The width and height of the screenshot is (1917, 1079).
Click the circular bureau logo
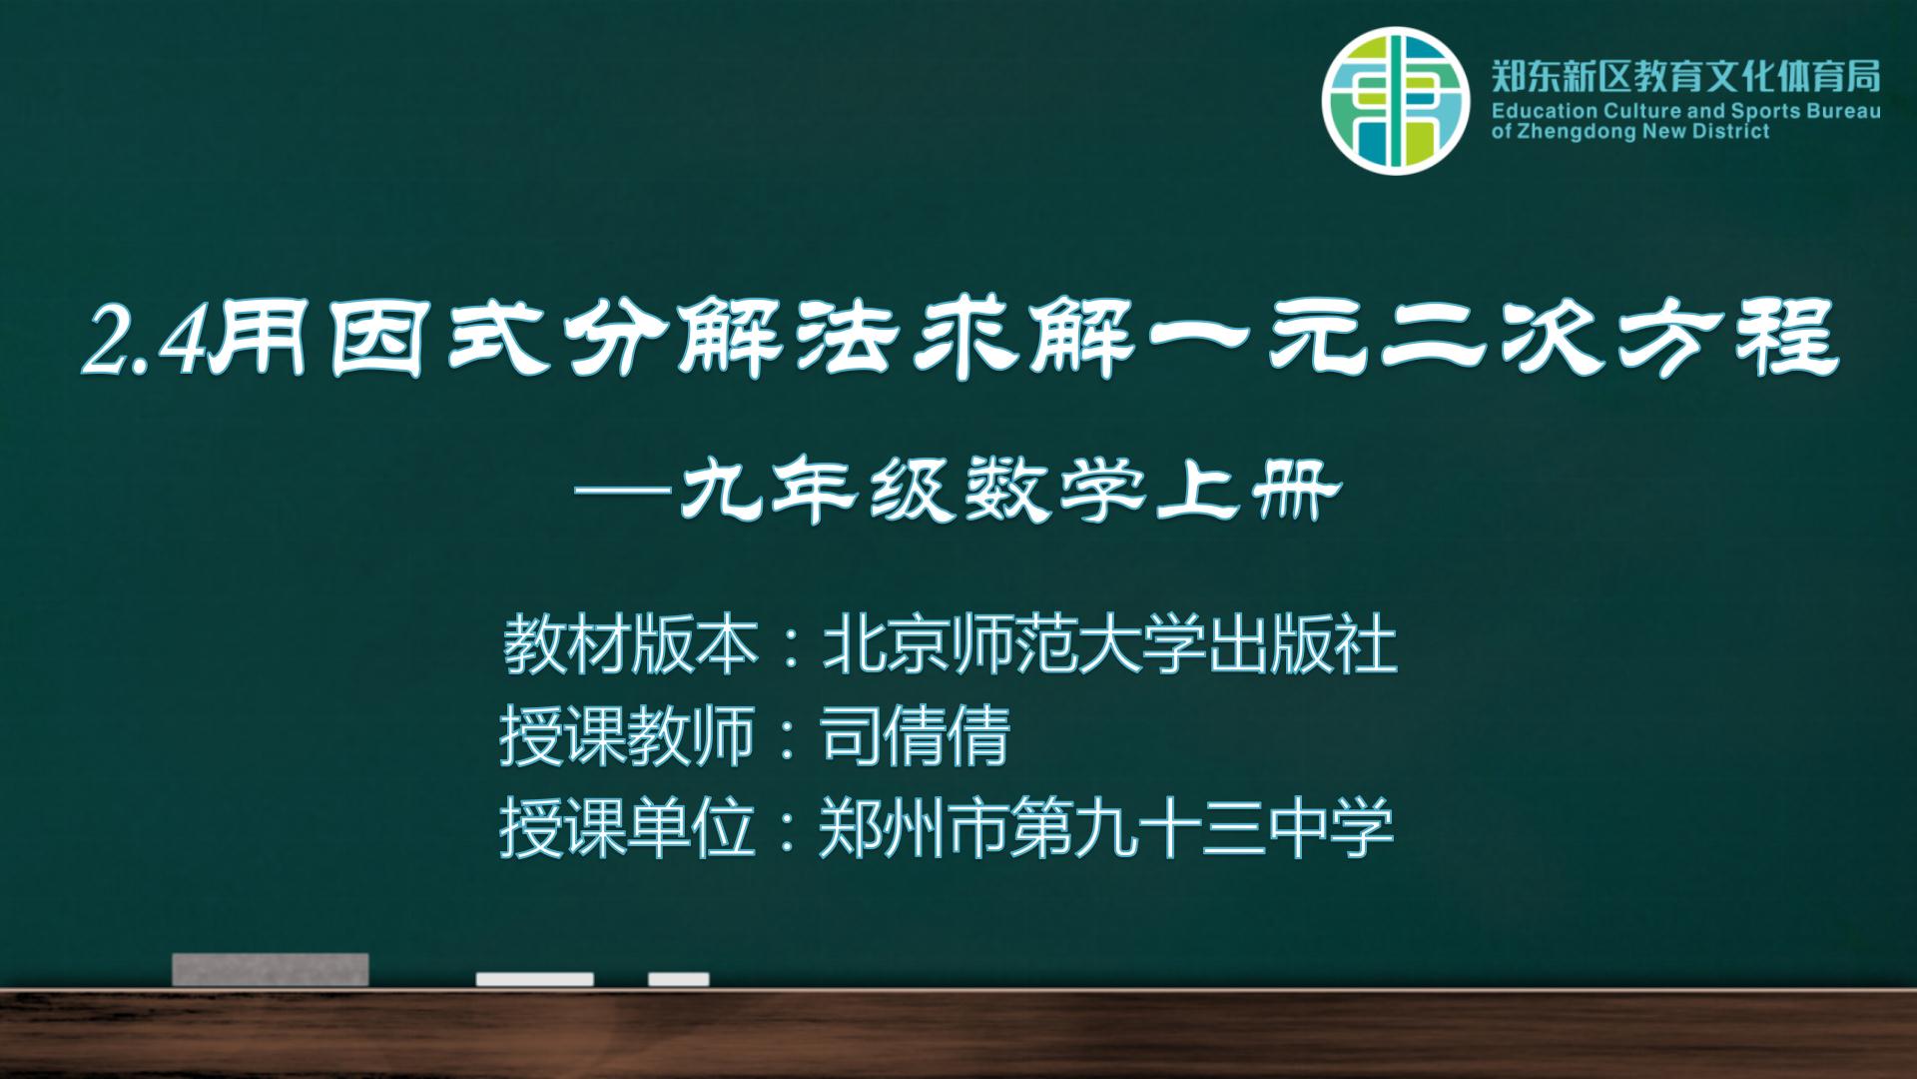(x=1397, y=101)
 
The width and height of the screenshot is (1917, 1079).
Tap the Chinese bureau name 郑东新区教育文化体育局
(x=1685, y=76)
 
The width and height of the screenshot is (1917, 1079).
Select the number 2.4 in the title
(x=147, y=340)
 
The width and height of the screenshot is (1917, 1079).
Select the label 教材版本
(x=631, y=645)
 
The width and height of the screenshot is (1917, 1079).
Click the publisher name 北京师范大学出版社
(x=1109, y=645)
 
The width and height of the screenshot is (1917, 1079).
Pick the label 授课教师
(x=627, y=737)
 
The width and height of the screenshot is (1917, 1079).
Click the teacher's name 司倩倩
(x=915, y=737)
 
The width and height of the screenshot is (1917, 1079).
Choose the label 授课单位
(x=627, y=829)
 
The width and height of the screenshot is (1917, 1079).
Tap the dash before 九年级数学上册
(x=626, y=492)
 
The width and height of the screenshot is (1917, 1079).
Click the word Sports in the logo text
(x=1772, y=111)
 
